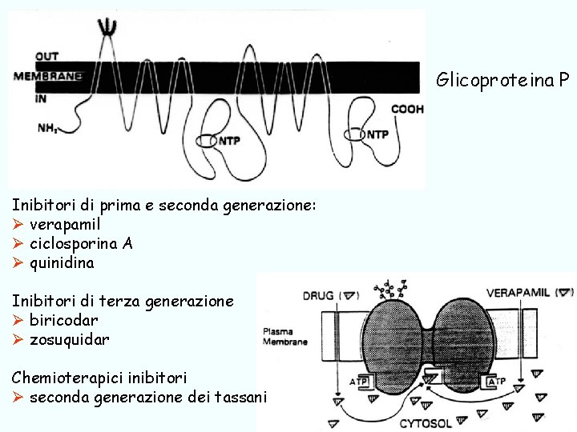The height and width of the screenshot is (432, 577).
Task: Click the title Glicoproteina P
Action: (x=502, y=80)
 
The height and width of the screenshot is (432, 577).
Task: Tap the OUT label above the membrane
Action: (x=46, y=57)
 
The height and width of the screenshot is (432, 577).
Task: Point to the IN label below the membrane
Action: (x=41, y=98)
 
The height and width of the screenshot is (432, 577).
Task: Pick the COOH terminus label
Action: (x=407, y=109)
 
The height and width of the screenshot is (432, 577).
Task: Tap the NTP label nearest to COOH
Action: (x=377, y=134)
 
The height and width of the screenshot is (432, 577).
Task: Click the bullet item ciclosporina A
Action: (x=81, y=243)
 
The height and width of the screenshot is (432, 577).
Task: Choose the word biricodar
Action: (x=64, y=320)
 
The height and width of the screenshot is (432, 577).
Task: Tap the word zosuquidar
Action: (x=70, y=339)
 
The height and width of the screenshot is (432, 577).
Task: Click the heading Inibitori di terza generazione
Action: (x=123, y=301)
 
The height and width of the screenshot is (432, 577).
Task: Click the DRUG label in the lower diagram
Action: (x=319, y=295)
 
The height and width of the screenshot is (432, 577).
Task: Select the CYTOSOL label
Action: (x=426, y=422)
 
